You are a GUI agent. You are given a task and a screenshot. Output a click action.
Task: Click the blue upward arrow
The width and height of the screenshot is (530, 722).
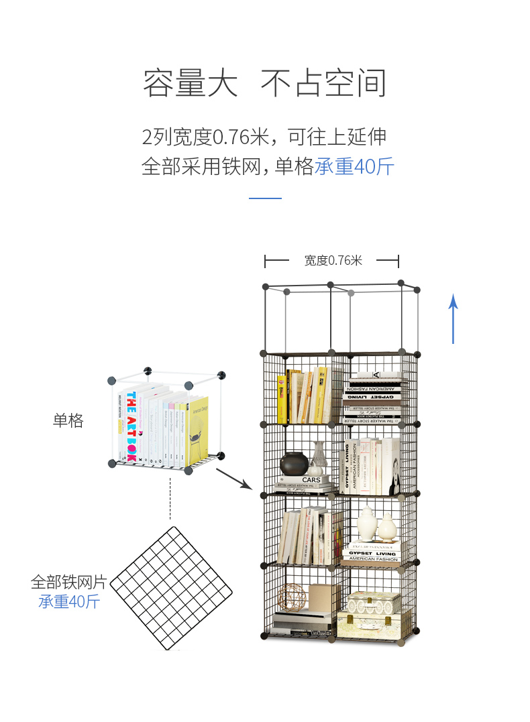[454, 318]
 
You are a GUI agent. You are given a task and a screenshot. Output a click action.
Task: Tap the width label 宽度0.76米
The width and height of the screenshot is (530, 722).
[333, 261]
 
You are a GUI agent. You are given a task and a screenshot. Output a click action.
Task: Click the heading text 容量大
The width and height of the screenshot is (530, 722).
[191, 84]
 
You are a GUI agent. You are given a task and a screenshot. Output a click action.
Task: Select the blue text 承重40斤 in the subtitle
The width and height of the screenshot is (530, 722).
[354, 166]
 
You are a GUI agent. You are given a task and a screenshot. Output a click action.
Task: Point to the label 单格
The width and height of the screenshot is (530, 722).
[68, 420]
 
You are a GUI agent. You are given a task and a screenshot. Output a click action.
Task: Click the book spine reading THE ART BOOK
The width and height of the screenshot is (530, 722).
[131, 426]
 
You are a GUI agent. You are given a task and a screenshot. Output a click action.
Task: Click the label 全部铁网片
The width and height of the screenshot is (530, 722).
[68, 581]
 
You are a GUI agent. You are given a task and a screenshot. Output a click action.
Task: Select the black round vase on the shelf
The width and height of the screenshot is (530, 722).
[294, 463]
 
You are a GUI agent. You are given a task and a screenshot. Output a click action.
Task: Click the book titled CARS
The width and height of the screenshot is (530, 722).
[311, 480]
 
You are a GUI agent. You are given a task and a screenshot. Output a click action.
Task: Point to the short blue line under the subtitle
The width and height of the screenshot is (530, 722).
[265, 198]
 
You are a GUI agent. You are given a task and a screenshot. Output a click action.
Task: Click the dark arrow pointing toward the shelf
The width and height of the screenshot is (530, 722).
[233, 478]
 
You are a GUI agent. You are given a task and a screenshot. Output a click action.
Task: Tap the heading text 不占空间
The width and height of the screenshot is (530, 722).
[323, 84]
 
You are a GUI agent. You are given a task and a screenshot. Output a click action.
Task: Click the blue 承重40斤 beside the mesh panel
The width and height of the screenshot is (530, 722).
[68, 601]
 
